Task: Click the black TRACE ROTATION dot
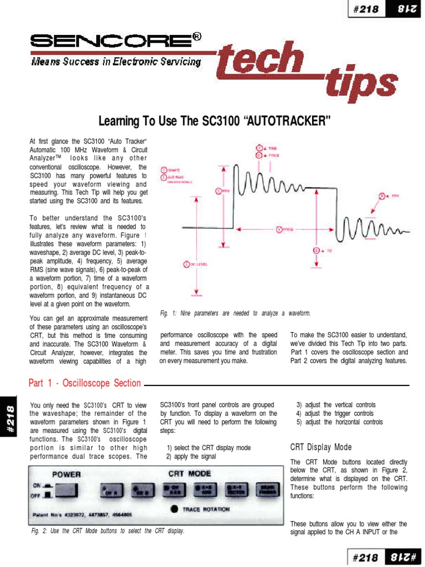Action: (x=174, y=508)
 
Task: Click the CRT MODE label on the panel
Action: (x=189, y=474)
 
